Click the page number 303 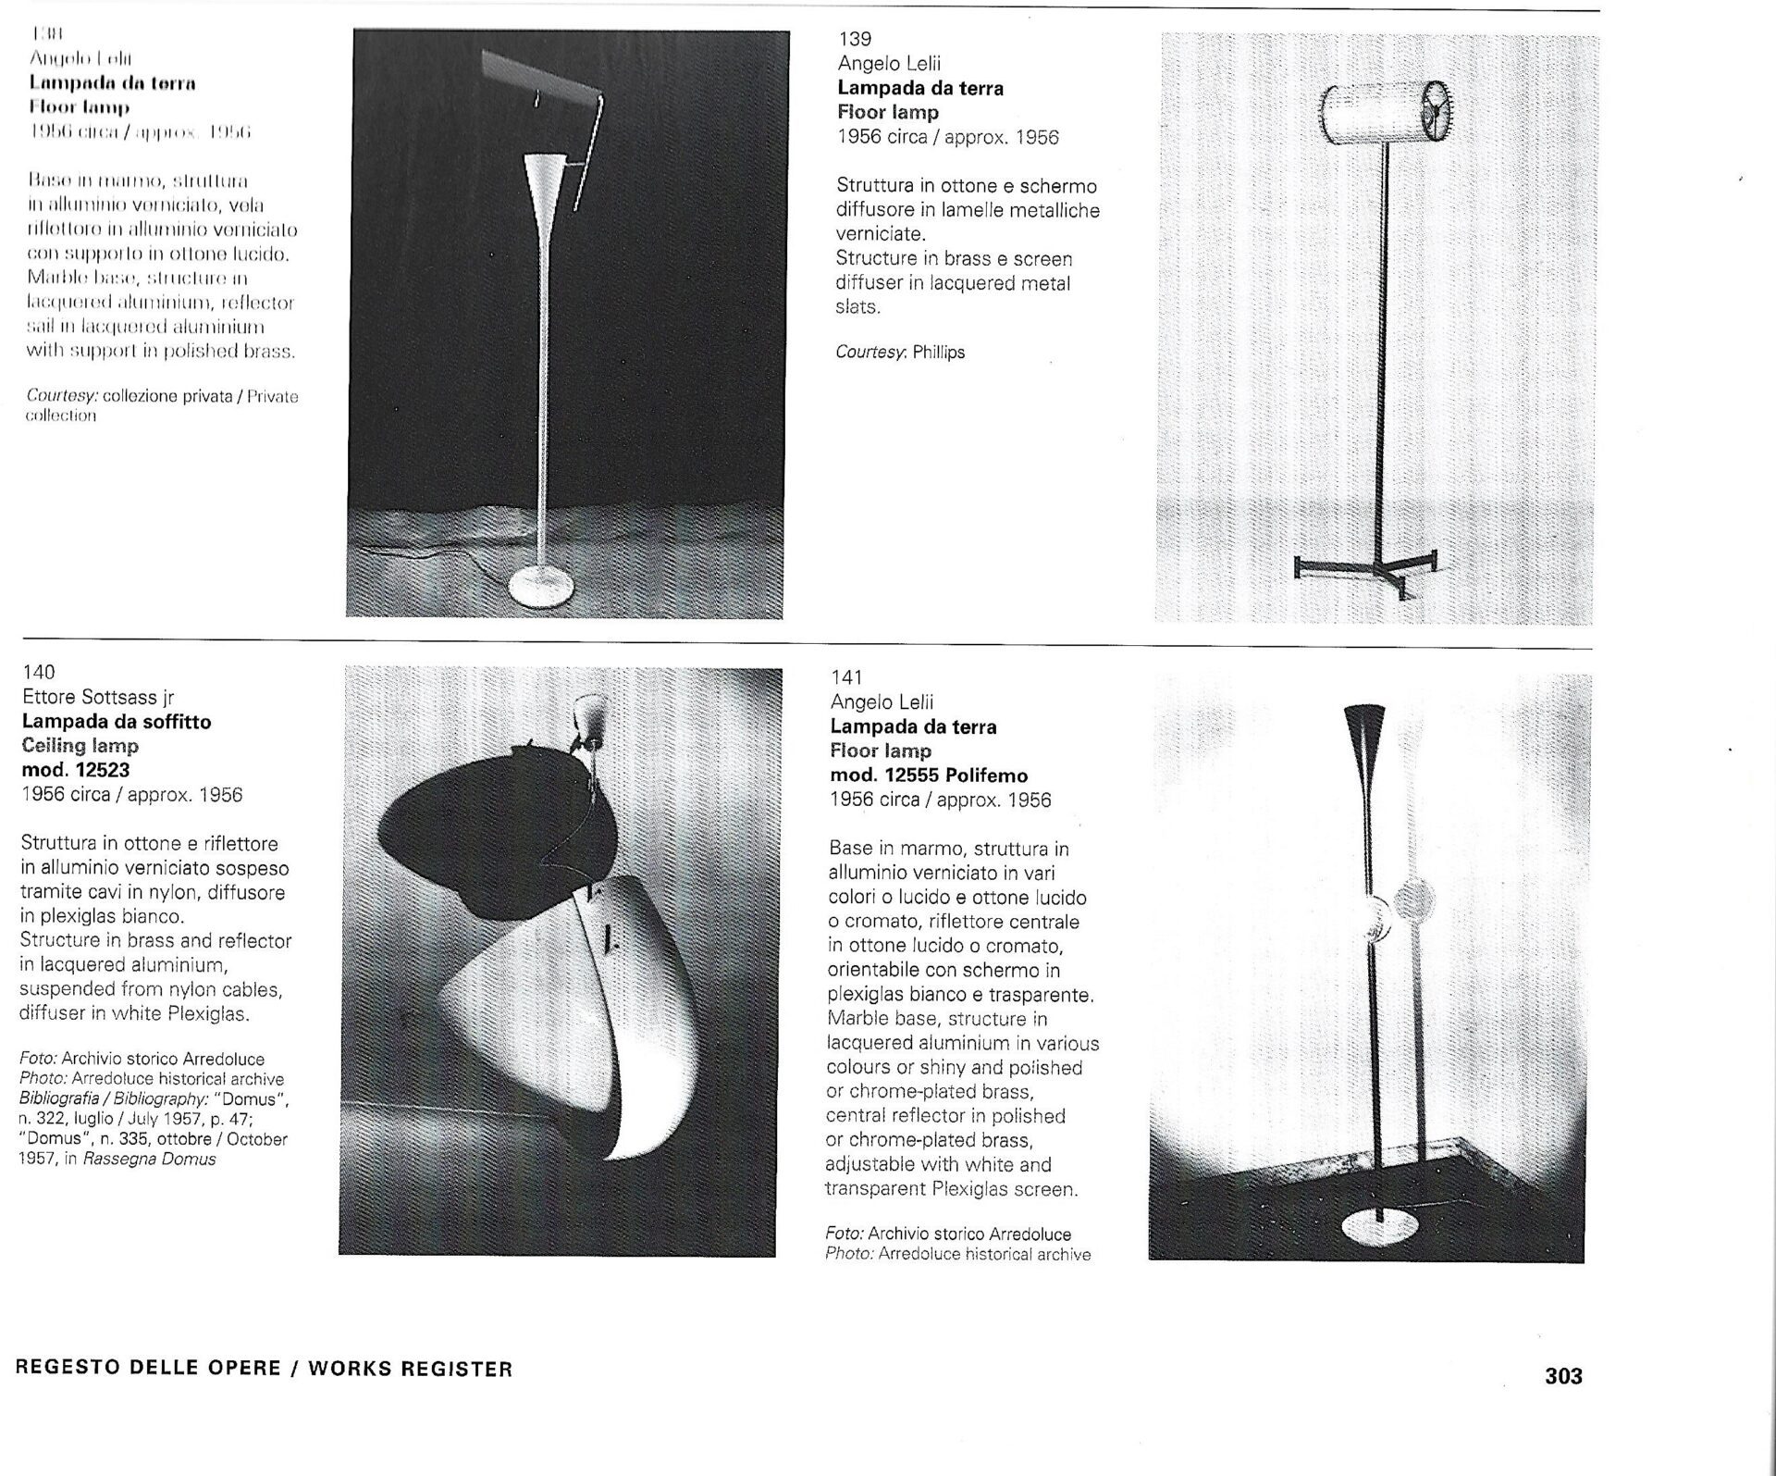point(1563,1402)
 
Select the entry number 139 point(855,39)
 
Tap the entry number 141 point(846,677)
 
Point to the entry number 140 point(38,672)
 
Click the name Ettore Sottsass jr point(98,697)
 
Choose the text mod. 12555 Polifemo point(929,775)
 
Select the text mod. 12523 point(75,770)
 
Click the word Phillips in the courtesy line point(938,353)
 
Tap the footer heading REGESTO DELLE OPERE point(148,1369)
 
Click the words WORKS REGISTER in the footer point(410,1369)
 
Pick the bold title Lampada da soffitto point(117,722)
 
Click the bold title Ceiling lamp point(80,746)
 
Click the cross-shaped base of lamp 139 point(1364,564)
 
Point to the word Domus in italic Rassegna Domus point(194,1160)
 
